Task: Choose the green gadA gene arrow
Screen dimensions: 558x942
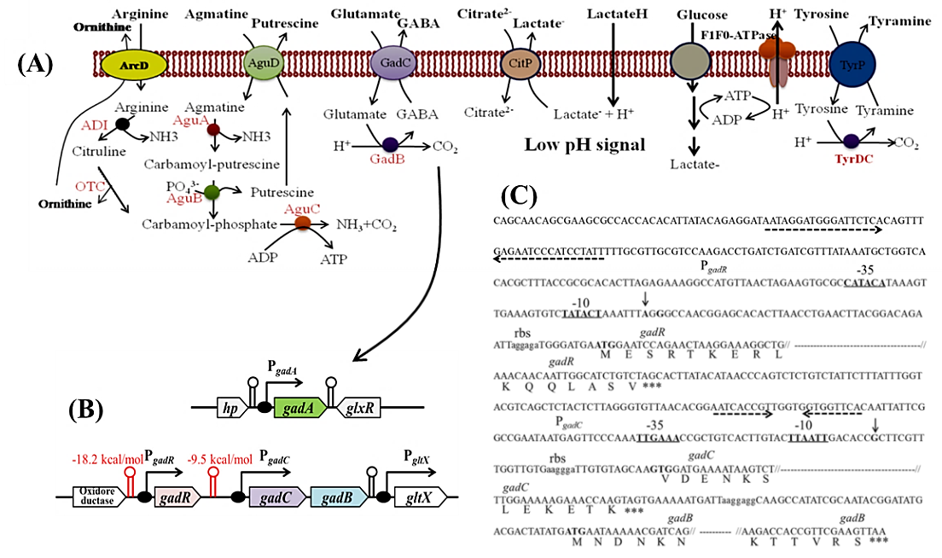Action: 300,410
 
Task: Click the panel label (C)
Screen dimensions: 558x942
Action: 519,197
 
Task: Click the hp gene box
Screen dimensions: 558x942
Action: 230,410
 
